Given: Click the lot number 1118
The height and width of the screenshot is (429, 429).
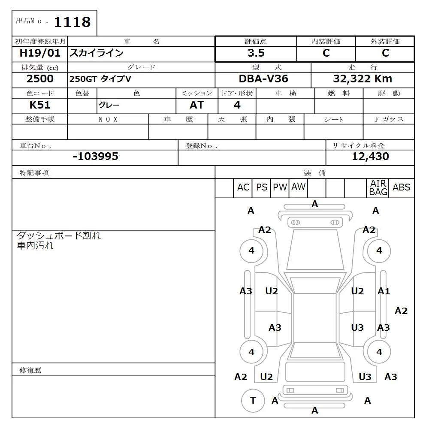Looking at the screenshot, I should point(72,22).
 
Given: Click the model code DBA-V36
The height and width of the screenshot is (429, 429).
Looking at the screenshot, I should point(263,79).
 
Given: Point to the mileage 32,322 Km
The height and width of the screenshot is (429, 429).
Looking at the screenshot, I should point(363,79).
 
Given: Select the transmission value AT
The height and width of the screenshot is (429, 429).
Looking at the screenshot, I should point(197,105).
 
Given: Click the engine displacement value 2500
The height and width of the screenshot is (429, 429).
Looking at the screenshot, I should point(40,79).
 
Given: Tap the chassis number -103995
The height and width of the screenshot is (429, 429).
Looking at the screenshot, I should point(95,157).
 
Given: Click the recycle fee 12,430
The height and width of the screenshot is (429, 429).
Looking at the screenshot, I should point(370,157).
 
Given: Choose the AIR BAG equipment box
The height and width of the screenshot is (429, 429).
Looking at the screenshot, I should point(378,188).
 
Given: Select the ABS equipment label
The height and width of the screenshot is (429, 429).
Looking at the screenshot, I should point(402,187).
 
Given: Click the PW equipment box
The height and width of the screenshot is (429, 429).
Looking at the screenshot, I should point(280,187).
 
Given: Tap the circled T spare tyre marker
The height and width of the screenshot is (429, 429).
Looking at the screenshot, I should point(253,400).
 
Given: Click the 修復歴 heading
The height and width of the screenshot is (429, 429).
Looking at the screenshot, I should point(30,370).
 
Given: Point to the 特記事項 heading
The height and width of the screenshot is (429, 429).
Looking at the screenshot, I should point(34,173).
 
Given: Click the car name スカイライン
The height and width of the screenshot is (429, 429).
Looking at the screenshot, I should point(97,53).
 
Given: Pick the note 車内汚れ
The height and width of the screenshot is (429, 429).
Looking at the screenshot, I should point(35,246).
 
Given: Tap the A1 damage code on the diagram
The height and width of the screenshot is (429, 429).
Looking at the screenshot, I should point(384,291).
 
